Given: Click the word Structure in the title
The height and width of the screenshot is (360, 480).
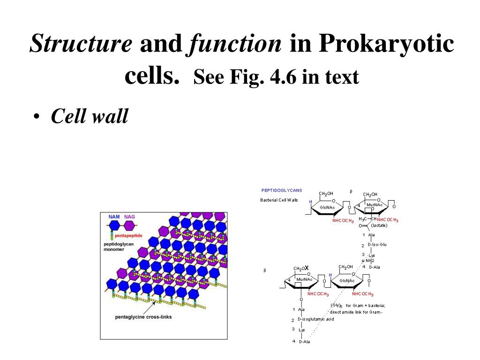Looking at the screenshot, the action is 81,44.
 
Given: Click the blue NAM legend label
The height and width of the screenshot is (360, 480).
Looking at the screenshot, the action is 114,217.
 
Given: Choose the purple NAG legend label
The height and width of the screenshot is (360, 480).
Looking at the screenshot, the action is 129,217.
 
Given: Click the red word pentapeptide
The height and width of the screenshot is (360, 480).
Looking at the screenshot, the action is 128,235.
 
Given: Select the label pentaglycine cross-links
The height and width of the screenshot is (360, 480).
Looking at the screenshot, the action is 143,317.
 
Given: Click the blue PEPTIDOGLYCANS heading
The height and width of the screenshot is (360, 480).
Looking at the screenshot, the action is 282,190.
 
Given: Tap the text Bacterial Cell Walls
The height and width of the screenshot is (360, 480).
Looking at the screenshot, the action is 279,200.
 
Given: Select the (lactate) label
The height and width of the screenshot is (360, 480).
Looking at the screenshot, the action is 379,225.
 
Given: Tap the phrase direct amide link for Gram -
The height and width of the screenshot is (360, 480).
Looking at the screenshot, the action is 356,312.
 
